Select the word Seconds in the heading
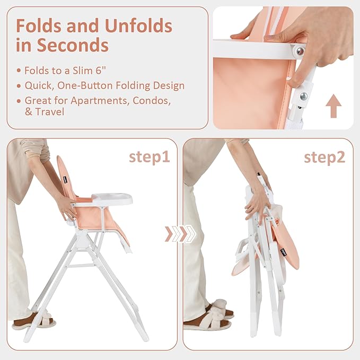pyautogui.click(x=72, y=45)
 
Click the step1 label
pyautogui.click(x=148, y=157)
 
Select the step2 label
pyautogui.click(x=324, y=157)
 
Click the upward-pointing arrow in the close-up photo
pyautogui.click(x=333, y=106)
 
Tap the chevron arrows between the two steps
pyautogui.click(x=179, y=234)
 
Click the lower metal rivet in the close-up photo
pyautogui.click(x=303, y=96)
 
